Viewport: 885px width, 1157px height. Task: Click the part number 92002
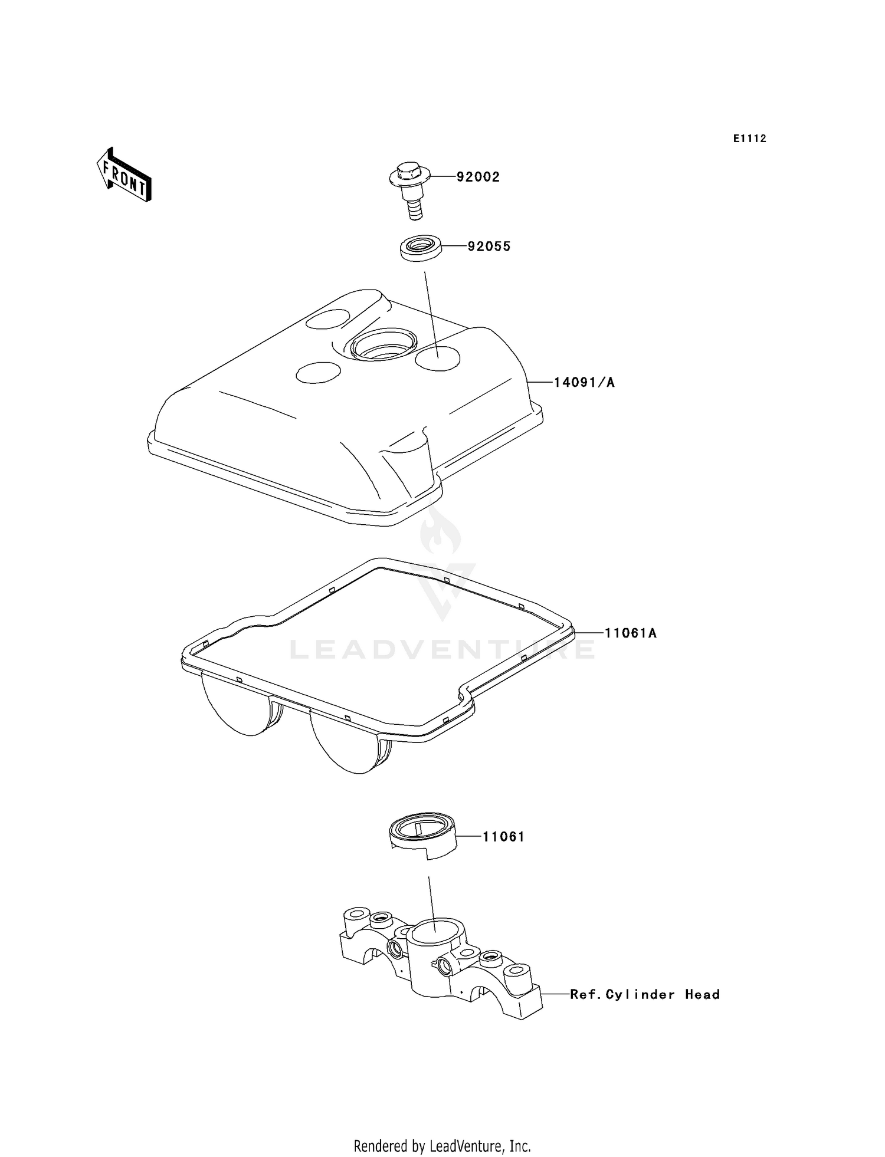477,177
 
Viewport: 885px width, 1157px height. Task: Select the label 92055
489,246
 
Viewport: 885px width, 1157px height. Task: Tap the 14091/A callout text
584,383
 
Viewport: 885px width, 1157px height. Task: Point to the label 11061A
630,633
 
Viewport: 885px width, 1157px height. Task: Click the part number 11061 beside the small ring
503,837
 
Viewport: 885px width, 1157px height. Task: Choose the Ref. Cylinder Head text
644,995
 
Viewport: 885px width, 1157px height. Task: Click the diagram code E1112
749,139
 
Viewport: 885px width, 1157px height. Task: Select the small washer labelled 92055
420,246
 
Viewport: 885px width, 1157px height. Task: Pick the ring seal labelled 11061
423,834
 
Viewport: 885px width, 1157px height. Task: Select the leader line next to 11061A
588,633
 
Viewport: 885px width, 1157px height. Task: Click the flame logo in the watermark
440,534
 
